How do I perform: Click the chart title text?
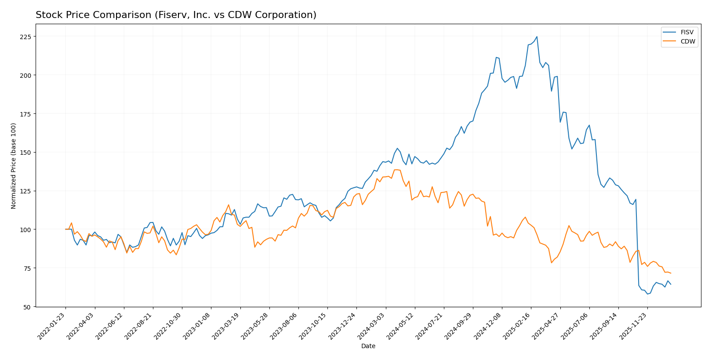pyautogui.click(x=176, y=15)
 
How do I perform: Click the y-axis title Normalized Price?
pyautogui.click(x=14, y=166)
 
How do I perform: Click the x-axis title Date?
pyautogui.click(x=368, y=346)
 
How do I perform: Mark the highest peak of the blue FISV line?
pyautogui.click(x=537, y=37)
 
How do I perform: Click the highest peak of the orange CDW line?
pyautogui.click(x=396, y=170)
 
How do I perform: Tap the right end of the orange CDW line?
pyautogui.click(x=671, y=273)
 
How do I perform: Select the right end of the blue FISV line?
pyautogui.click(x=671, y=284)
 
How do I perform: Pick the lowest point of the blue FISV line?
pyautogui.click(x=647, y=294)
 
